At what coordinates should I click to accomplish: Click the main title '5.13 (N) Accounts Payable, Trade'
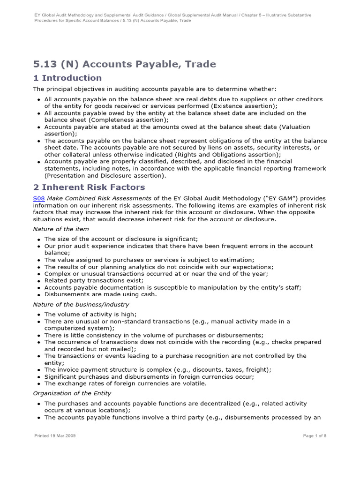pyautogui.click(x=124, y=64)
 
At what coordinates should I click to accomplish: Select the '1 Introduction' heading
pyautogui.click(x=67, y=78)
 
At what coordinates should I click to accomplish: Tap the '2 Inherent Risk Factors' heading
pyautogui.click(x=89, y=187)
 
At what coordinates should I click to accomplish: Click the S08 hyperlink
pyautogui.click(x=38, y=198)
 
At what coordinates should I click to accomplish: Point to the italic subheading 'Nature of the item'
pyautogui.click(x=61, y=229)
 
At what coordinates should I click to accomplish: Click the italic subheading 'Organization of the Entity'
pyautogui.click(x=72, y=393)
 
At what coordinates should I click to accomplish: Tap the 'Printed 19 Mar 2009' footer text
pyautogui.click(x=55, y=435)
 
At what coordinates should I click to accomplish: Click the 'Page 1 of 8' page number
pyautogui.click(x=315, y=435)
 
